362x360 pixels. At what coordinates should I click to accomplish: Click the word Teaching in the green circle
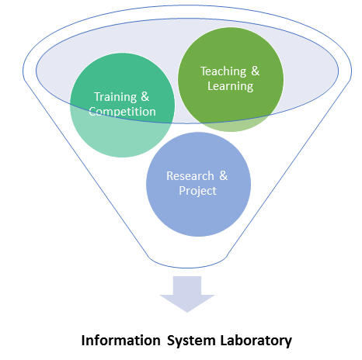(223, 71)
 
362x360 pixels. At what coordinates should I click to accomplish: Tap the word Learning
(230, 86)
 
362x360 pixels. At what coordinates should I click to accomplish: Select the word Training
(116, 97)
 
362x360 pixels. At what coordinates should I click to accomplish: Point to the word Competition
(122, 112)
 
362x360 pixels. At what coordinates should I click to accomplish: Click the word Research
(190, 176)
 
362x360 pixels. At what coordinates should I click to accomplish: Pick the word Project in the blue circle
(197, 191)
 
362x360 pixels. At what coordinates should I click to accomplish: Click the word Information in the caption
(121, 341)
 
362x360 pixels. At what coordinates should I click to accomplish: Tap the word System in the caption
(191, 341)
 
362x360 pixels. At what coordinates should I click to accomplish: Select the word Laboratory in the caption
(256, 341)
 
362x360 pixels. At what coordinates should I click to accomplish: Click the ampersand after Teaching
(256, 71)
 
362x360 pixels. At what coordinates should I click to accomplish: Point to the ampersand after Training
(145, 97)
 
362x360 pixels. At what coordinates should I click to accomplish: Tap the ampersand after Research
(224, 175)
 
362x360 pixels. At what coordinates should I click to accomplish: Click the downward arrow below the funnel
(187, 294)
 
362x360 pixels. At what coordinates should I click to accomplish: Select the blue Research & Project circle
(198, 185)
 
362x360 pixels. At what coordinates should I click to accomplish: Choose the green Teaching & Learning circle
(231, 79)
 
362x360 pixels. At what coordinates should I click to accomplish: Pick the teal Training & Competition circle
(123, 105)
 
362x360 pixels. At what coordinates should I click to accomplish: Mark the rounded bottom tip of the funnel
(187, 268)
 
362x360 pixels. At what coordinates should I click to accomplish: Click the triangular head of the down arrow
(187, 303)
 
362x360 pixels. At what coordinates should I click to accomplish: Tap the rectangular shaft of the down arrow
(187, 286)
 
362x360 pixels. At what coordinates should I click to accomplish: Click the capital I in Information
(83, 341)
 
